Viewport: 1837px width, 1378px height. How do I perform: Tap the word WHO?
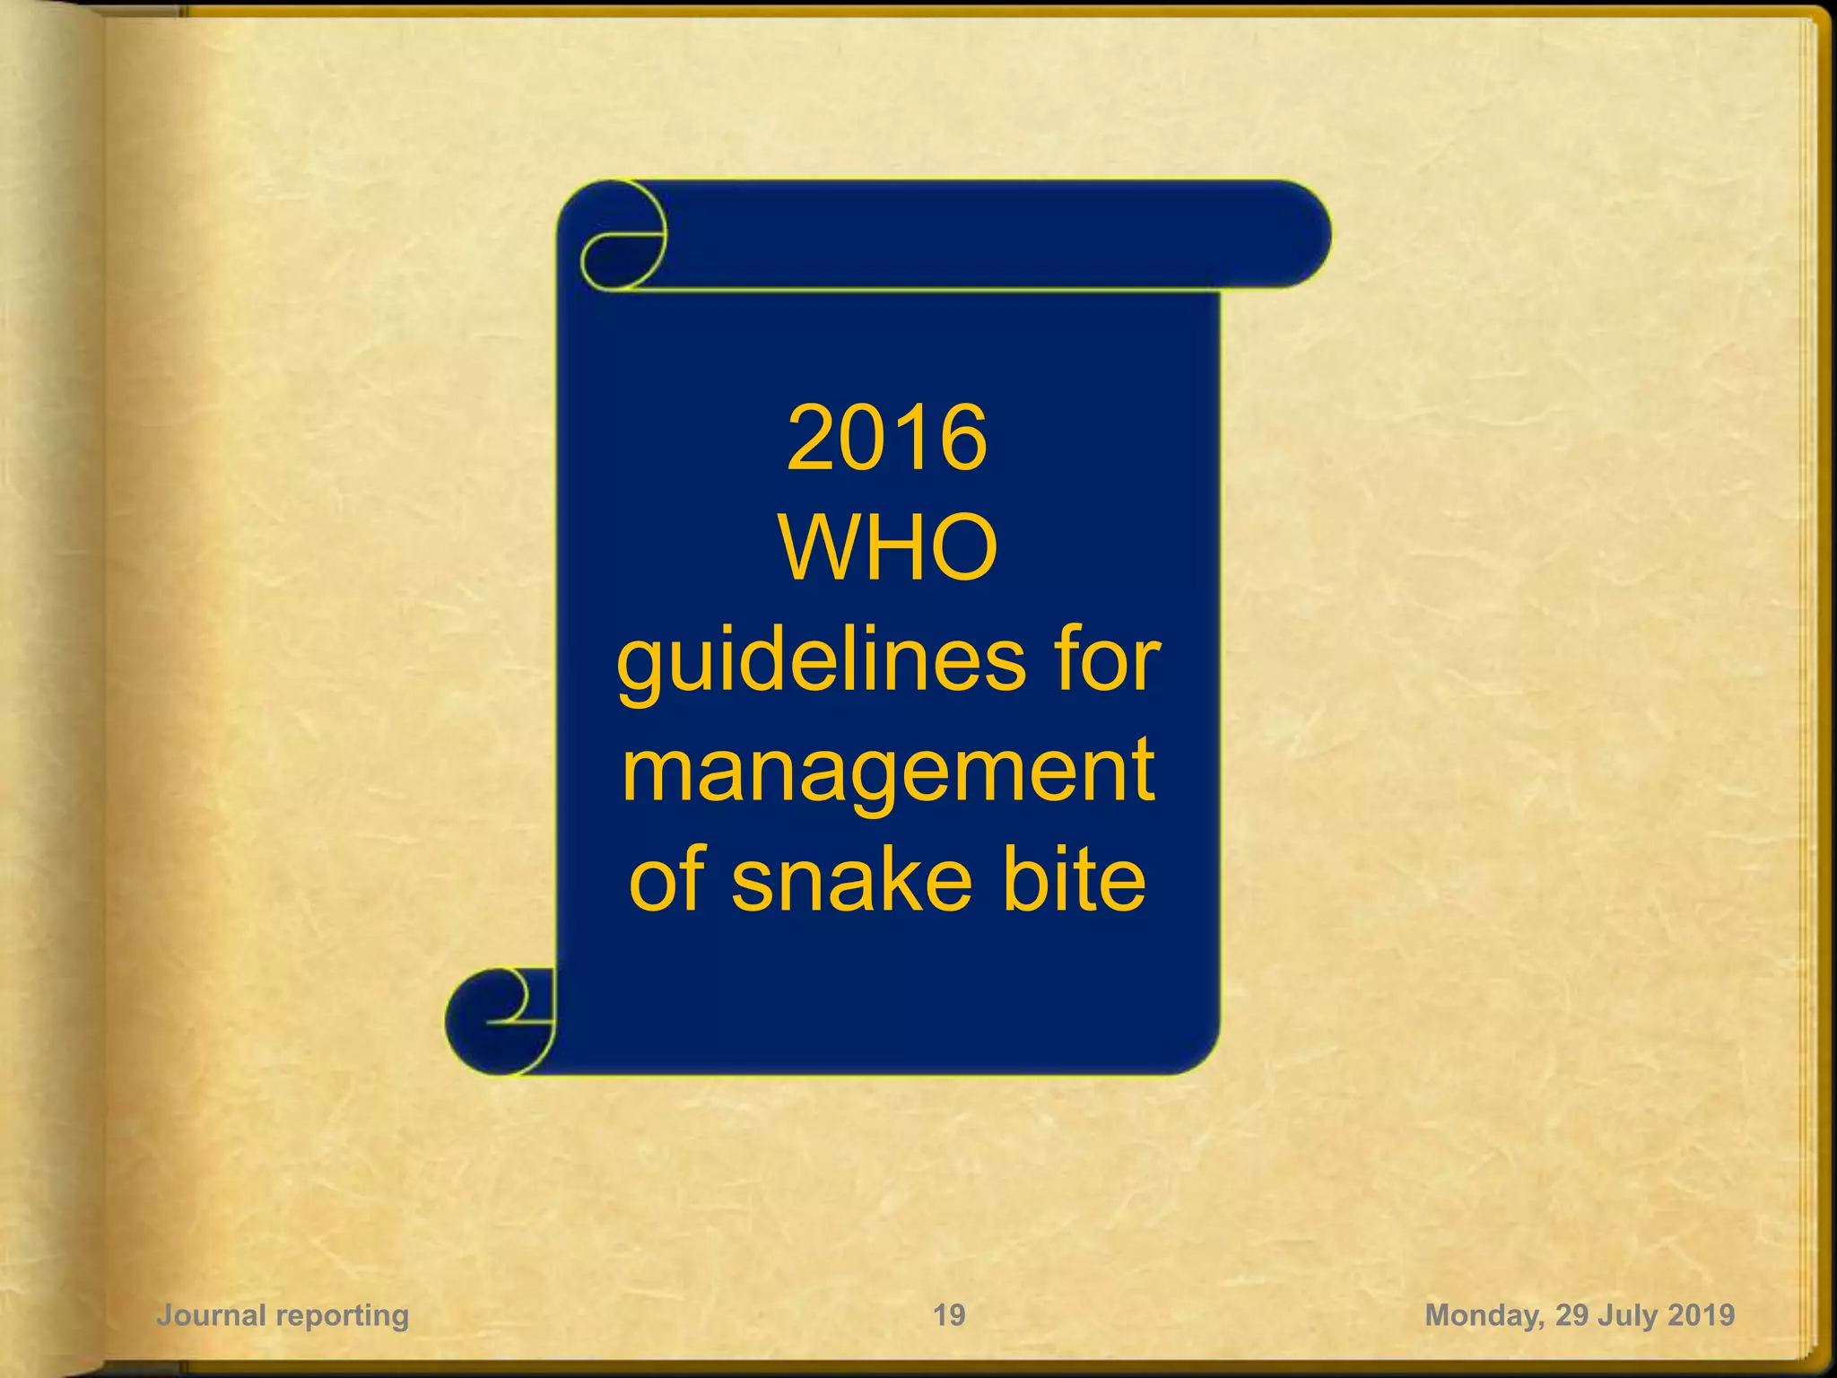coord(888,548)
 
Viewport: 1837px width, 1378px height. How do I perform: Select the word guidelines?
coord(822,662)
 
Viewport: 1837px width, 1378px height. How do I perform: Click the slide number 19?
coord(949,1315)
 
